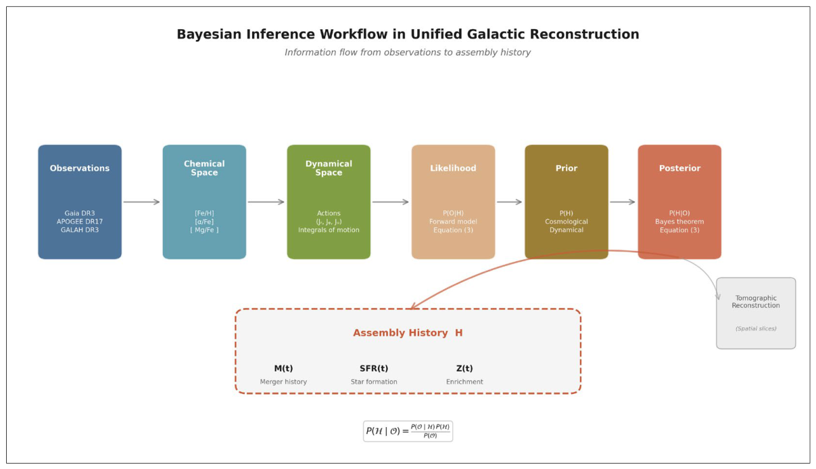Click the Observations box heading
pyautogui.click(x=79, y=168)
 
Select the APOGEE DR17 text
pyautogui.click(x=79, y=221)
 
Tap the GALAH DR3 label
pyautogui.click(x=79, y=229)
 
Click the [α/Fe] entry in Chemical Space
pyautogui.click(x=204, y=221)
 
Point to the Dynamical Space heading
pyautogui.click(x=329, y=168)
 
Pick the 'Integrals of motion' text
pyautogui.click(x=329, y=229)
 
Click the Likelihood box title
pyautogui.click(x=453, y=168)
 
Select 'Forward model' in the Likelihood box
pyautogui.click(x=453, y=221)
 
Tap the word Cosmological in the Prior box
pyautogui.click(x=566, y=221)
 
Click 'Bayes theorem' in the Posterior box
pyautogui.click(x=679, y=221)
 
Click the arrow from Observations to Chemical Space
pyautogui.click(x=141, y=202)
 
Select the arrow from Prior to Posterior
pyautogui.click(x=623, y=202)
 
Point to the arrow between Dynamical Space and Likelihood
pyautogui.click(x=391, y=202)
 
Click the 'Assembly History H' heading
pyautogui.click(x=408, y=332)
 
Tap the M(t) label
pyautogui.click(x=283, y=368)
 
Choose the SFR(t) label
pyautogui.click(x=374, y=368)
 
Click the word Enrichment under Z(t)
pyautogui.click(x=464, y=382)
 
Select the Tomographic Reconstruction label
pyautogui.click(x=756, y=302)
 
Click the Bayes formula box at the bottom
pyautogui.click(x=408, y=431)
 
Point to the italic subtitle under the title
pyautogui.click(x=408, y=53)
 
